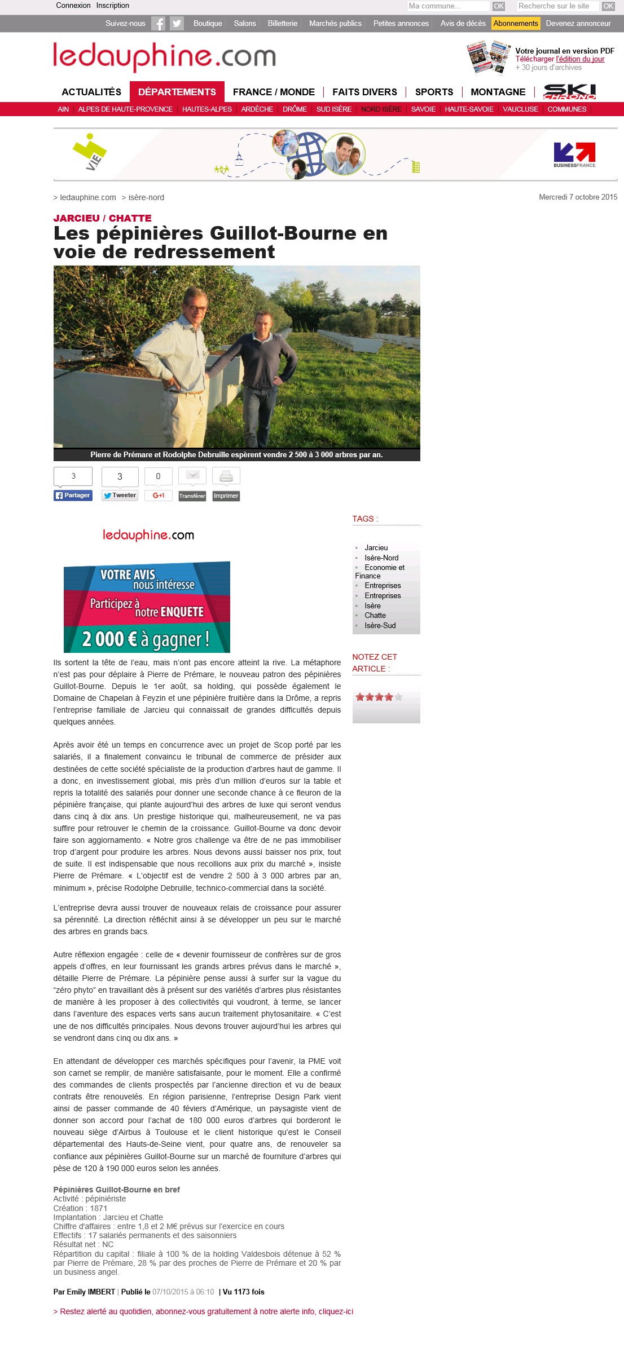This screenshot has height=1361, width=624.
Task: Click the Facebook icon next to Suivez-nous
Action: click(159, 24)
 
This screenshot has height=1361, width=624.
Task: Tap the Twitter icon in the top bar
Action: click(177, 24)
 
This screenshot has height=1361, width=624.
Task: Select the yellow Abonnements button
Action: click(516, 24)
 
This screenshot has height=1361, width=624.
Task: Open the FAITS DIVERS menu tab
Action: click(364, 92)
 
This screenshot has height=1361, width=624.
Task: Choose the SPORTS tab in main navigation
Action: click(434, 92)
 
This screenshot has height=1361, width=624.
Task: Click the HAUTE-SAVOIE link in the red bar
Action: click(469, 109)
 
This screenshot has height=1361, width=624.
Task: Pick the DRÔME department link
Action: click(295, 109)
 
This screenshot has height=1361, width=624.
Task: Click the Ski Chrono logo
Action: click(569, 91)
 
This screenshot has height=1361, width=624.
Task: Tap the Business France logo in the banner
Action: click(574, 154)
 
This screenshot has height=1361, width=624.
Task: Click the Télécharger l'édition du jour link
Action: click(560, 59)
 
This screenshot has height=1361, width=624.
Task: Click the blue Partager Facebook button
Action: click(73, 496)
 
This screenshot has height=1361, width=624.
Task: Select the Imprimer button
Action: click(226, 496)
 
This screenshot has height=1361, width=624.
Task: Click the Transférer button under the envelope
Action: click(192, 496)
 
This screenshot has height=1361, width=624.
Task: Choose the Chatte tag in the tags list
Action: click(375, 616)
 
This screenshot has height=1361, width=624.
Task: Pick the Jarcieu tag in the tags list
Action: click(376, 548)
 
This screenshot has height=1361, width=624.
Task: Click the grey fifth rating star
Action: click(398, 697)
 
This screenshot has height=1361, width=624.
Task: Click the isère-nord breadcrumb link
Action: click(146, 197)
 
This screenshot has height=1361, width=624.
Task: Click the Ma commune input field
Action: click(448, 6)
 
